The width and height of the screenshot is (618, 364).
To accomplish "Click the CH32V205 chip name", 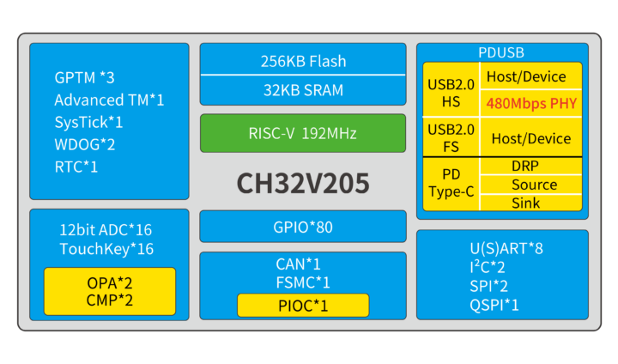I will (303, 184).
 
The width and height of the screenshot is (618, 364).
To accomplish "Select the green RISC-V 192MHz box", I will (303, 133).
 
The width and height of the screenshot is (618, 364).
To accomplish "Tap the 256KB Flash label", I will (303, 61).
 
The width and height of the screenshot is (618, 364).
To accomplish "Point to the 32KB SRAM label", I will (303, 89).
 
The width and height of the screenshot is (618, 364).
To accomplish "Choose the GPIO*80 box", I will (303, 227).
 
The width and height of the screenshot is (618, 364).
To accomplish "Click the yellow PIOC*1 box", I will (303, 305).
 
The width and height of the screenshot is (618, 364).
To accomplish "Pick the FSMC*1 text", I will (303, 282).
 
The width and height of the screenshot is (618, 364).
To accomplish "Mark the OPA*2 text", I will (110, 282).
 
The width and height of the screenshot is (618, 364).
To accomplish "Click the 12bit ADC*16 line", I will (106, 230).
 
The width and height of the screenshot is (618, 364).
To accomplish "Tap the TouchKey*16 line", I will (106, 249).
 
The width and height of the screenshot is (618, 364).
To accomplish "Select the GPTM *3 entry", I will (84, 78).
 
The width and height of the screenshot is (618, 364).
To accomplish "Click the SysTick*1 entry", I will (89, 122).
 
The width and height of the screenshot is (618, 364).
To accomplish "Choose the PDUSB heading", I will (502, 52).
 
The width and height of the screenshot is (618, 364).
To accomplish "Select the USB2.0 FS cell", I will (451, 137).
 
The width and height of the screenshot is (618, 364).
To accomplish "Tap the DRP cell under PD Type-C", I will (525, 166).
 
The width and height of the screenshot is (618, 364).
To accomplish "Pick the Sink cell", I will (525, 203).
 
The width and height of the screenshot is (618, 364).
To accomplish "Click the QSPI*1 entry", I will (494, 304).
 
